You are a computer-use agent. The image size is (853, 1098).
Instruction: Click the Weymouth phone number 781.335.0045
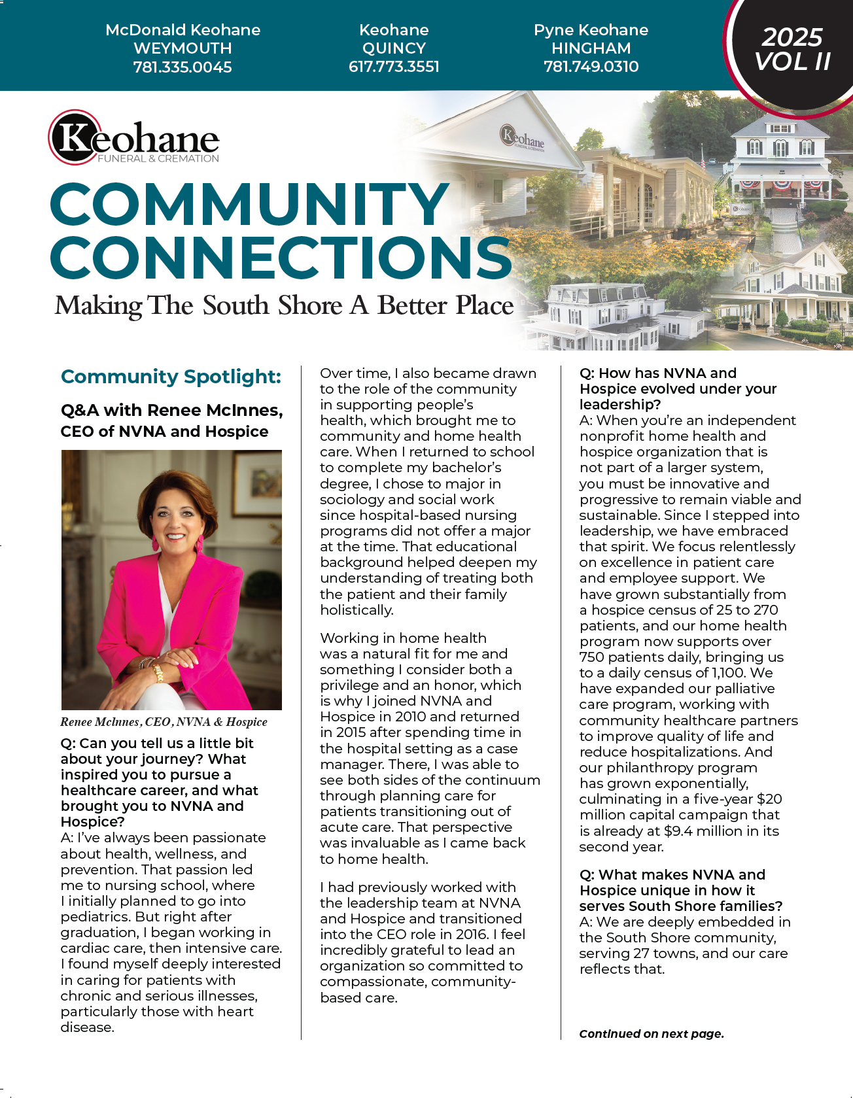(x=183, y=67)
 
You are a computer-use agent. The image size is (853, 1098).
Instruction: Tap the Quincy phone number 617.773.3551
(x=394, y=67)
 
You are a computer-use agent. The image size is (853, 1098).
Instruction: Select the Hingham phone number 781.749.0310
(x=591, y=67)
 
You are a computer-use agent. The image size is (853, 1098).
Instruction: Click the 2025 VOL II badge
(x=792, y=50)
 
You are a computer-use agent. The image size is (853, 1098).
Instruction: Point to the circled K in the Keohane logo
(x=74, y=137)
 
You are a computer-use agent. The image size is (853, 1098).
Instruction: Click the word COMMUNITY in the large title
(x=249, y=205)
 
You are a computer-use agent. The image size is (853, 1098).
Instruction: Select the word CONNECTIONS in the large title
(x=281, y=258)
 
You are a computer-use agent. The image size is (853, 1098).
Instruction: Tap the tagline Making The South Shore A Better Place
(x=284, y=305)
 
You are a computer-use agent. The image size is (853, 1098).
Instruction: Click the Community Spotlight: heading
(x=171, y=377)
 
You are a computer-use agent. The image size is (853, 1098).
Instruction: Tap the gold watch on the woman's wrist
(x=157, y=672)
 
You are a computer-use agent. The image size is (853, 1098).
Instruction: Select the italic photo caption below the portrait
(x=164, y=722)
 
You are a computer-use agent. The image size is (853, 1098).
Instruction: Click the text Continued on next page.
(x=652, y=1034)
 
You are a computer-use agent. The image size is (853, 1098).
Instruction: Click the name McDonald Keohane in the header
(x=183, y=30)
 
